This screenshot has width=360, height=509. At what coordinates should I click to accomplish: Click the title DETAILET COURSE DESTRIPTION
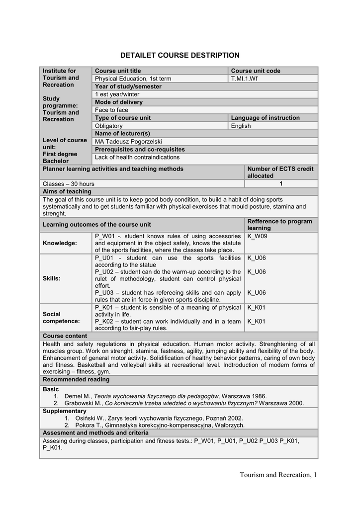tap(180, 55)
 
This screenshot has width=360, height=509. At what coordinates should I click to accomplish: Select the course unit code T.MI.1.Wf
tap(245, 79)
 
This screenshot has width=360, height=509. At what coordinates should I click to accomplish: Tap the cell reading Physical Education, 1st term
tap(133, 79)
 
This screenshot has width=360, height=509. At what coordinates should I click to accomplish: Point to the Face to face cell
tap(111, 110)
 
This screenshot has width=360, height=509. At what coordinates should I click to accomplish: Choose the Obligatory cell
tap(108, 126)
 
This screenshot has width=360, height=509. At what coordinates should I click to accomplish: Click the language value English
tap(241, 126)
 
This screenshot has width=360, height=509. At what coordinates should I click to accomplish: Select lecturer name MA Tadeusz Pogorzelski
tap(128, 142)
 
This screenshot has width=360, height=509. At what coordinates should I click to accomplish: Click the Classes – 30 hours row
tap(69, 184)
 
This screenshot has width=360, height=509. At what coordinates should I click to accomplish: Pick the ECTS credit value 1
tap(281, 184)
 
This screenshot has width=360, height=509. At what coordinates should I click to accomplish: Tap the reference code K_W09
tap(257, 236)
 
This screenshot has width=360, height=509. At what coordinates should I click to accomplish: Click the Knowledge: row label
tap(60, 243)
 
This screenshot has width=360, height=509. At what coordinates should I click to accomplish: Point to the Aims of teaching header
tap(67, 191)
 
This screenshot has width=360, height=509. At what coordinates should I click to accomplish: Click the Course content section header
tap(65, 336)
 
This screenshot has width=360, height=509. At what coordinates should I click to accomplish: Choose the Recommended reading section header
tap(76, 380)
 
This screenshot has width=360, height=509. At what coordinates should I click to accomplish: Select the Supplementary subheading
tap(65, 411)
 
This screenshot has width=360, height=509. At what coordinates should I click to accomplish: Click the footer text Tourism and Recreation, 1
tap(277, 475)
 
